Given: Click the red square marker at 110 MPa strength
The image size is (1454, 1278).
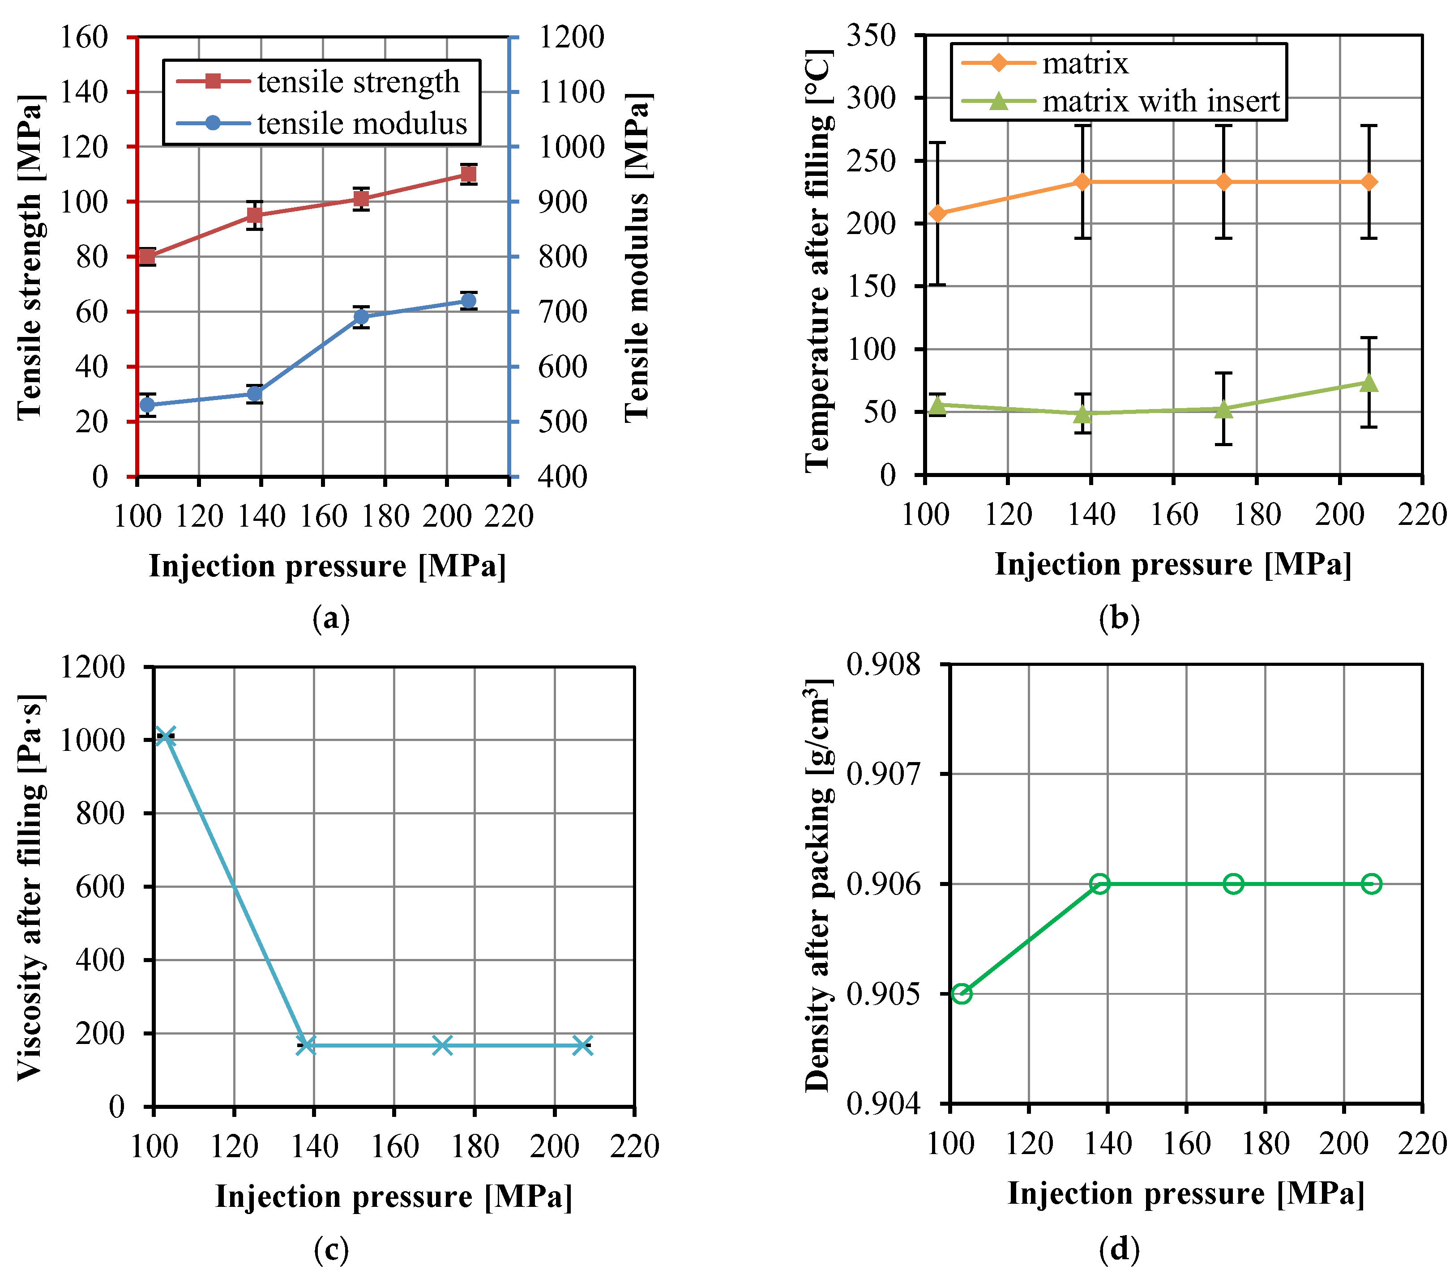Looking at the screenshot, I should pyautogui.click(x=468, y=174).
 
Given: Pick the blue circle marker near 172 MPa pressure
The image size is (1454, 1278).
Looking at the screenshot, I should pyautogui.click(x=361, y=316).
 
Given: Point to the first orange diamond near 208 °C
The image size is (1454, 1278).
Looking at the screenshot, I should pyautogui.click(x=937, y=213).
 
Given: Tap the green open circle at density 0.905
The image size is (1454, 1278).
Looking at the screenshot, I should pyautogui.click(x=962, y=993).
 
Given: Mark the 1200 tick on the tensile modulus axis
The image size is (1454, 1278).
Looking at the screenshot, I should pyautogui.click(x=571, y=37).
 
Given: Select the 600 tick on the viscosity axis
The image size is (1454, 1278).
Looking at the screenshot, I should pyautogui.click(x=99, y=887).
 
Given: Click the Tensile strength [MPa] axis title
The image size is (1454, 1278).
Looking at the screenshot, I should pyautogui.click(x=30, y=256).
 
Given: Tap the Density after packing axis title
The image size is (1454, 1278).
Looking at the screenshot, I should pyautogui.click(x=818, y=886).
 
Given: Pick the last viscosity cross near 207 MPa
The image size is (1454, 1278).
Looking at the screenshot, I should pyautogui.click(x=582, y=1045).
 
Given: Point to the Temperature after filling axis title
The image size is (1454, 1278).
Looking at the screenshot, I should pyautogui.click(x=818, y=260).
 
